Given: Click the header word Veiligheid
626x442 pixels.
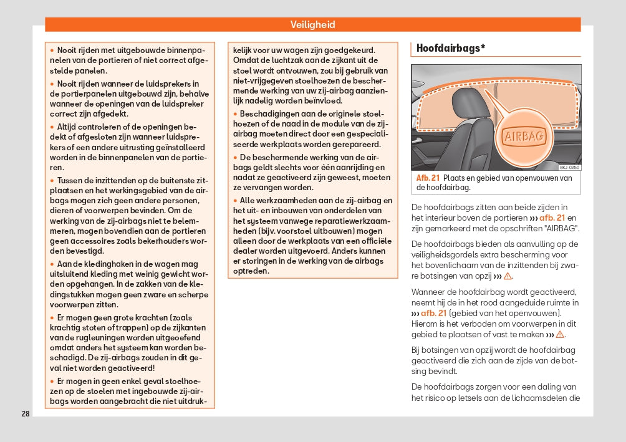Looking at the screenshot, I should (312, 25).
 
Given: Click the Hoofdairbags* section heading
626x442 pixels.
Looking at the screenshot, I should (451, 48).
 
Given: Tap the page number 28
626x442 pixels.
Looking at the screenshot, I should (25, 414).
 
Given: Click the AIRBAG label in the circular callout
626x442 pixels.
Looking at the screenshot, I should (523, 136).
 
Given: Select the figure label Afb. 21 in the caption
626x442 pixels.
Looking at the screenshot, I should (428, 178).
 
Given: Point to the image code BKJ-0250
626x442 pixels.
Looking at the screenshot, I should (569, 167).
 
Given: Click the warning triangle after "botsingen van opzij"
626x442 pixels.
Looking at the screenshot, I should (508, 276).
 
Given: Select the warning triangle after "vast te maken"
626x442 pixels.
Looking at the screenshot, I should (560, 335).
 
